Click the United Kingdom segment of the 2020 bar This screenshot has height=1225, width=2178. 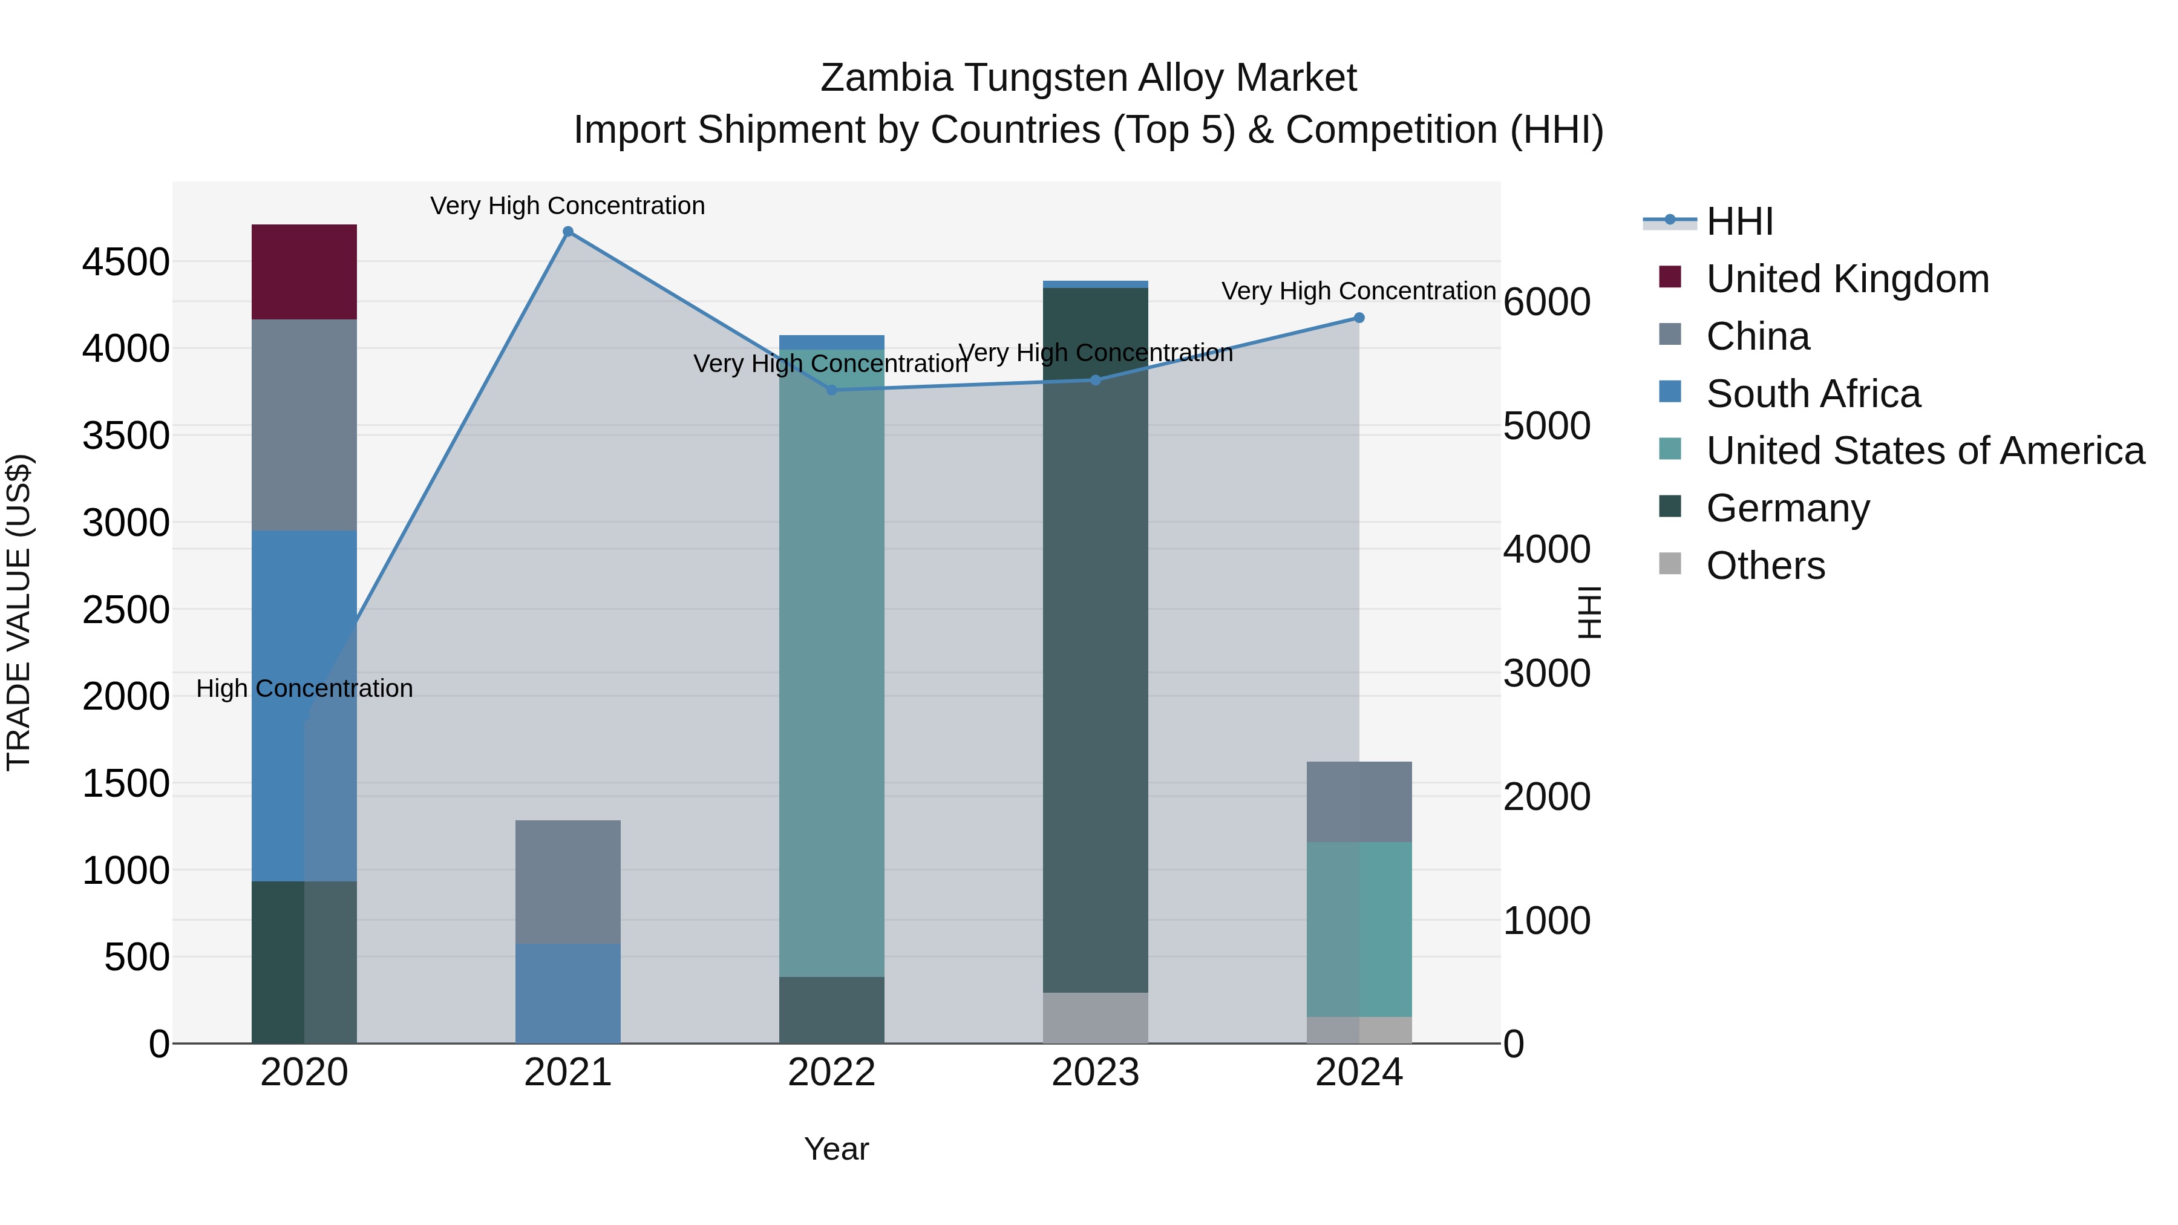coord(304,272)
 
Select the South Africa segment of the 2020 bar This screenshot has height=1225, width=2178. coord(304,705)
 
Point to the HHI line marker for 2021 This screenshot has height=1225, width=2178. coord(568,232)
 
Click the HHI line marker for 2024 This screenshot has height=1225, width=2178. coord(1359,318)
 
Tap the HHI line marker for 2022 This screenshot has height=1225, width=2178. coord(831,390)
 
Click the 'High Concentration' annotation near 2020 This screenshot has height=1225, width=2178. coord(304,688)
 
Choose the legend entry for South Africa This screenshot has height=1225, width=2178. coord(1813,394)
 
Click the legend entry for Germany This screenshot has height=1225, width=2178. coord(1787,508)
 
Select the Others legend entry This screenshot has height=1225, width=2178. coord(1765,566)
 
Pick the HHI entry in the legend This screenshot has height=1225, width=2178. coord(1739,221)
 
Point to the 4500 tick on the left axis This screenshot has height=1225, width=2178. coord(126,262)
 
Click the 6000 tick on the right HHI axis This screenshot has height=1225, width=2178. coord(1546,302)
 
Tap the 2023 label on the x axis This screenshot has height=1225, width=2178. coord(1095,1073)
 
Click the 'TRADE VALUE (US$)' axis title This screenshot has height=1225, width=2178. coord(19,612)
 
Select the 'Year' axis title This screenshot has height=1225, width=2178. coord(836,1149)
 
